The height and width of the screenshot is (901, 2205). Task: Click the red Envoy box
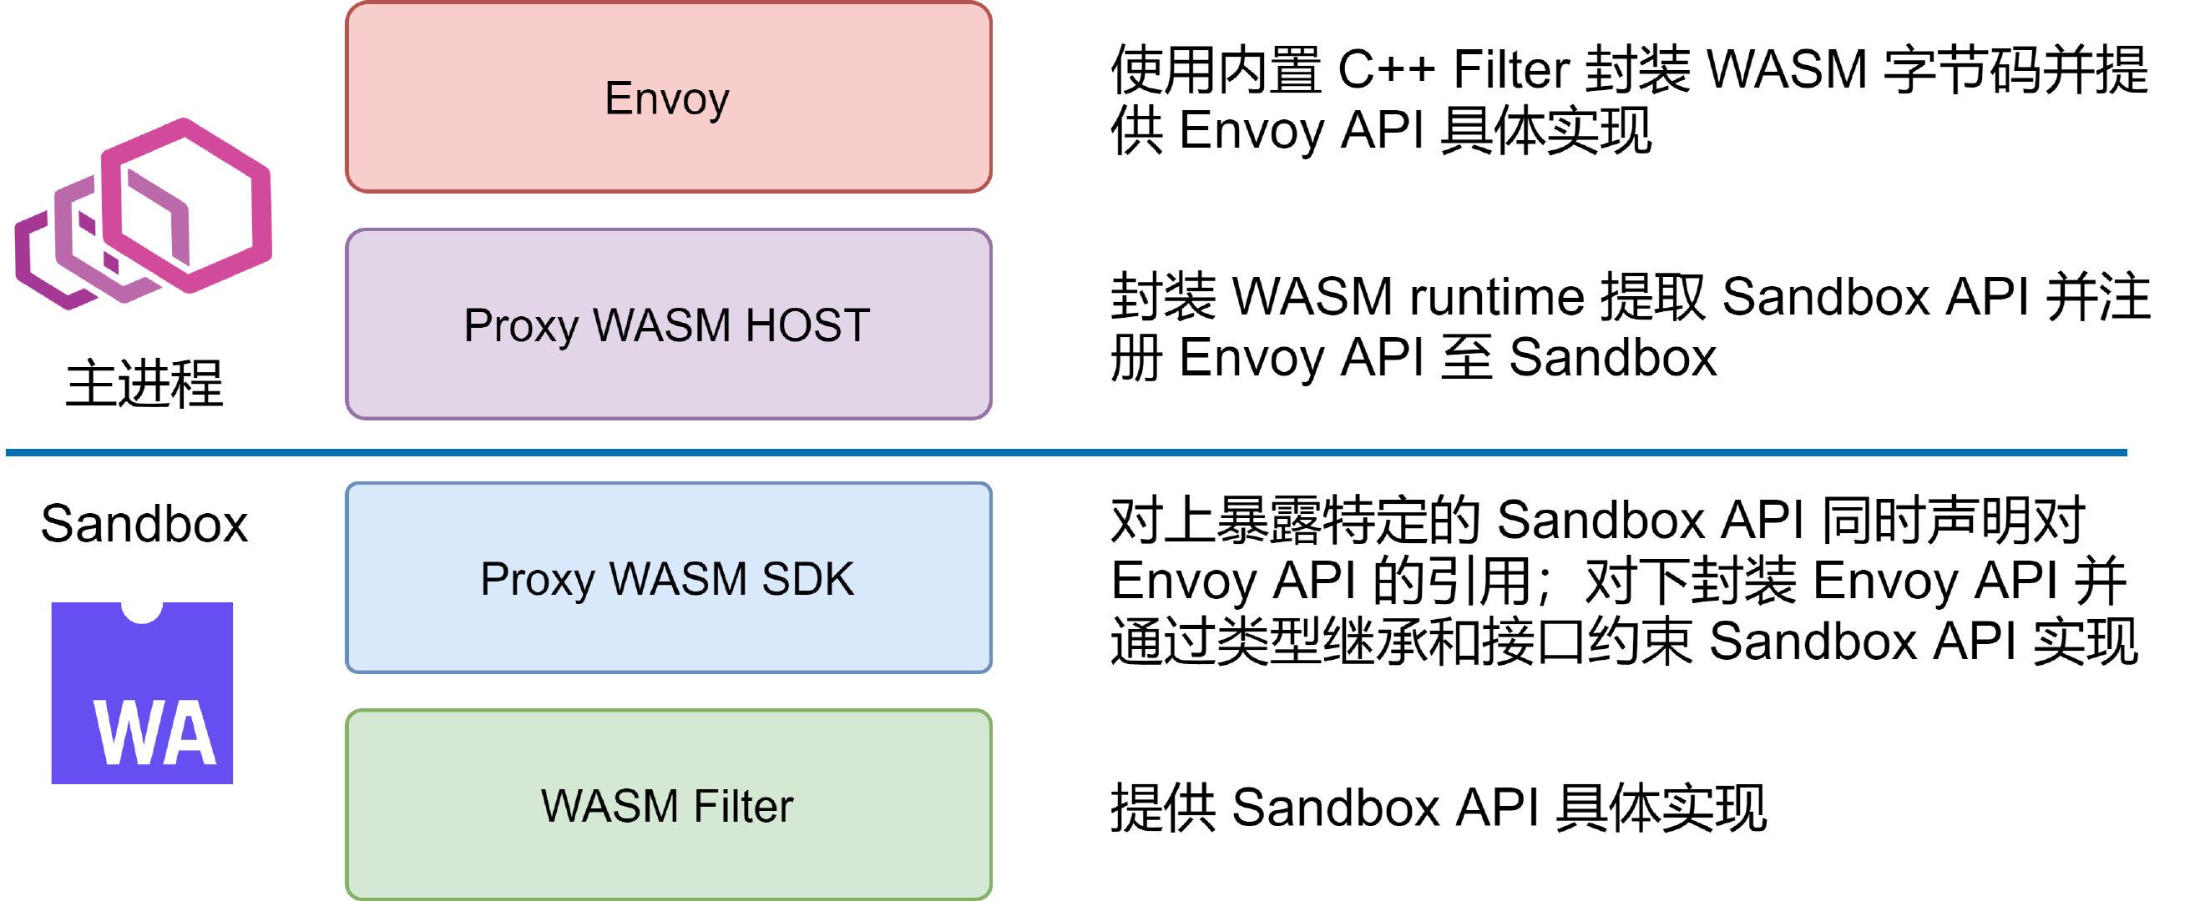coord(668,98)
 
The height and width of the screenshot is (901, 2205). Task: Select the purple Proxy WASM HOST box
coord(668,325)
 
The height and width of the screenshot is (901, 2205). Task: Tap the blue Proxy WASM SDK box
coord(668,578)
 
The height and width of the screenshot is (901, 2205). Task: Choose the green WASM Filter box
coord(668,805)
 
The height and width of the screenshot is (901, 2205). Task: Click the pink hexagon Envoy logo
coord(144,214)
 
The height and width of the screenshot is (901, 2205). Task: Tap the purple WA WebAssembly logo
coord(142,694)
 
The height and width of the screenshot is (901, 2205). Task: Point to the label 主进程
coord(144,383)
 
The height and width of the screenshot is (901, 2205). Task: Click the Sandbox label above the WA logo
coord(144,524)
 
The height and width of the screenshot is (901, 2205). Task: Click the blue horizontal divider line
coord(1061,451)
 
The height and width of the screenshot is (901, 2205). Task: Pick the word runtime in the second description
coord(1496,297)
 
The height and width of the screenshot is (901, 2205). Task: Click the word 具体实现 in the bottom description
coord(1661,807)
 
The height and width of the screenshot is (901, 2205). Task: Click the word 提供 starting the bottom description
coord(1162,807)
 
